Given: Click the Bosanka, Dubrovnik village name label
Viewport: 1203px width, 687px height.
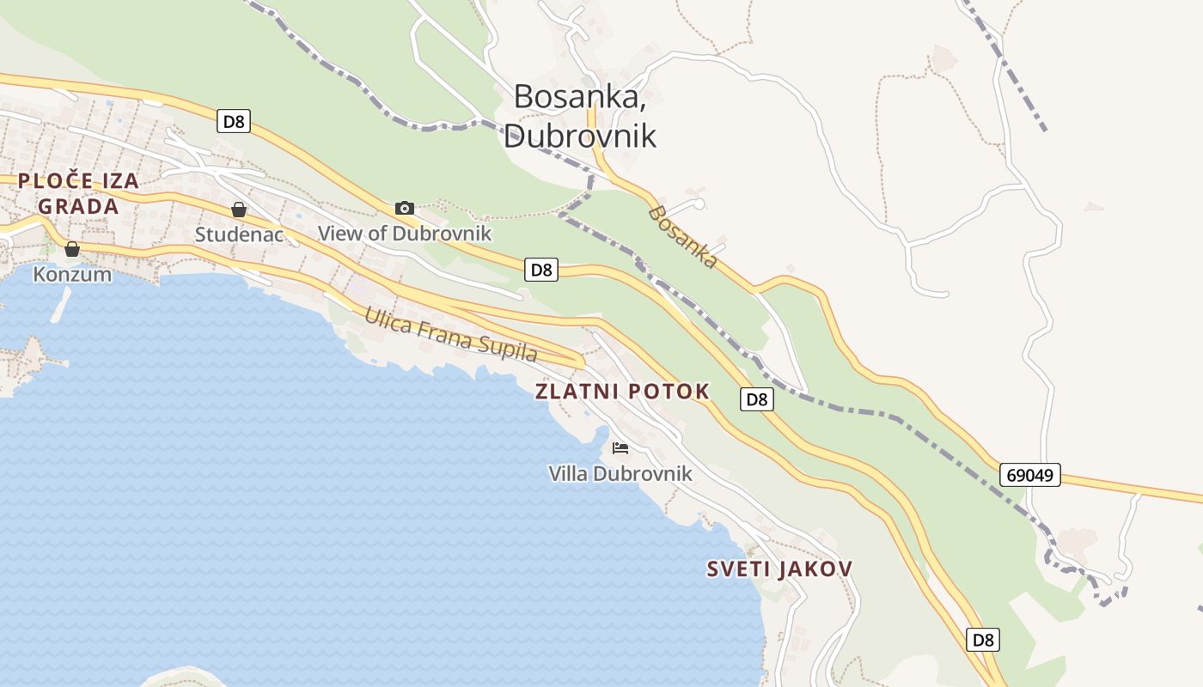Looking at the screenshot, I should click(580, 116).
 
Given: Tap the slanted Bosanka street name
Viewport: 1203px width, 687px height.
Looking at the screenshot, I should click(683, 236).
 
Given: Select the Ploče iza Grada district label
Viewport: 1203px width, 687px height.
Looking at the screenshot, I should click(78, 193).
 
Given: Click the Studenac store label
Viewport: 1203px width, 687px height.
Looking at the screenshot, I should click(239, 234).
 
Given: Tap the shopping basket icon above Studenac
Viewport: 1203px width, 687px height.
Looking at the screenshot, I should click(239, 210).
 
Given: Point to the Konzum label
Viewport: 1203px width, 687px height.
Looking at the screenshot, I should click(72, 274).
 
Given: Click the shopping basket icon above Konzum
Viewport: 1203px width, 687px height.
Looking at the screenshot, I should click(72, 249).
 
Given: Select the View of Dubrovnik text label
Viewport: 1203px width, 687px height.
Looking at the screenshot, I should click(405, 233).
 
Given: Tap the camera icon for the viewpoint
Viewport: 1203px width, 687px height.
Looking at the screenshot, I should click(405, 208).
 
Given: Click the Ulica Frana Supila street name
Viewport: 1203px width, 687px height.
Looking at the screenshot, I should click(451, 333).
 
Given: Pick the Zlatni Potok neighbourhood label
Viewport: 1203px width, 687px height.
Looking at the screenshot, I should click(622, 392).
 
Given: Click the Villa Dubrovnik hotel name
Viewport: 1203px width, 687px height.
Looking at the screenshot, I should click(620, 473).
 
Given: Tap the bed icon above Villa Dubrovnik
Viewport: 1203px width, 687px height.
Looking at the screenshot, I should click(620, 448).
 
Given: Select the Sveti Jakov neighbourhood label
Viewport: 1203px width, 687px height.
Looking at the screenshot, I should click(779, 568).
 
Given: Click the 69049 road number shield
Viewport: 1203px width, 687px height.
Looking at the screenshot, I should click(1029, 475).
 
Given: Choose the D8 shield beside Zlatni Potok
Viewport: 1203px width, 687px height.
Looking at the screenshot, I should click(756, 398).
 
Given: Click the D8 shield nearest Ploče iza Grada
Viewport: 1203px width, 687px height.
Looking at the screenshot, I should click(233, 121).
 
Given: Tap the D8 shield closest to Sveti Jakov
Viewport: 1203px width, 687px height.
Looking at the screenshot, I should click(983, 640).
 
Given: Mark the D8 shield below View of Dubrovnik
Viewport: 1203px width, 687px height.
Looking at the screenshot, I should click(541, 270).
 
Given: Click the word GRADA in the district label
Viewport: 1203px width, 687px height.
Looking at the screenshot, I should click(78, 206).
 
